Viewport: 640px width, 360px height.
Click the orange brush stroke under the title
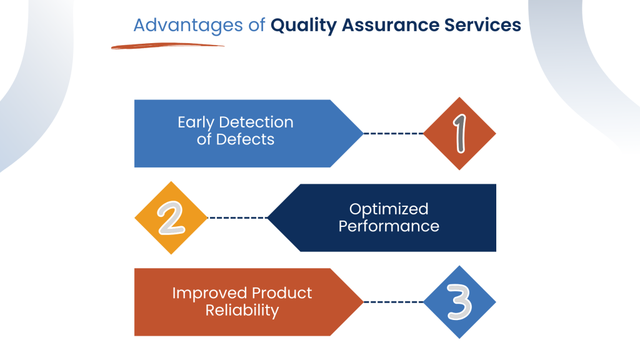pos(167,46)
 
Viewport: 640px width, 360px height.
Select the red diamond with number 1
pos(459,133)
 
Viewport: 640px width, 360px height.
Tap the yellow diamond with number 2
pos(171,217)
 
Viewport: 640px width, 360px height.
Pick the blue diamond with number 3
pos(459,302)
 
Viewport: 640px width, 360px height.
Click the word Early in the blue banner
pos(196,122)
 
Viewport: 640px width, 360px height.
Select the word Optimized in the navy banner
pos(389,209)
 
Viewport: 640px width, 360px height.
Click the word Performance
pos(389,226)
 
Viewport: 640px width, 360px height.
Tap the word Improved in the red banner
pos(209,293)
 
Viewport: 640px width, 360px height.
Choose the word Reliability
pos(242,310)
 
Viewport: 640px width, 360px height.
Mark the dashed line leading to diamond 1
pos(393,133)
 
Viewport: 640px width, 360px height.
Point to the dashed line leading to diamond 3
pos(393,302)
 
